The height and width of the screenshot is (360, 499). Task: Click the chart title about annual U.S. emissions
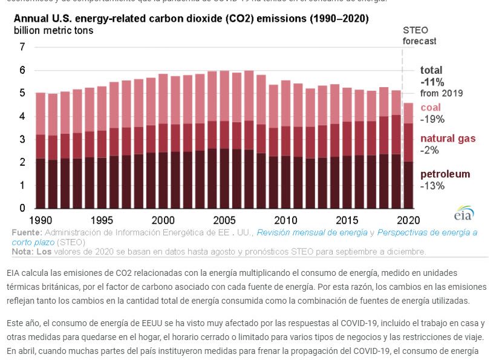click(x=191, y=19)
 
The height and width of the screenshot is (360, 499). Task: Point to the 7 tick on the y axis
click(x=22, y=47)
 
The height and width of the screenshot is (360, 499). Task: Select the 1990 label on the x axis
click(x=41, y=219)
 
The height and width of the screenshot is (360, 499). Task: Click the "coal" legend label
click(x=431, y=107)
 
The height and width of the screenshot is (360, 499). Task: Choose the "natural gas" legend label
click(x=448, y=139)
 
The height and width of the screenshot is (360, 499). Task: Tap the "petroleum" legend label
click(x=445, y=174)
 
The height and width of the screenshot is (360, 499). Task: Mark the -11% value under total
click(x=432, y=82)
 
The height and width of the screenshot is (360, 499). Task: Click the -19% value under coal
click(x=432, y=119)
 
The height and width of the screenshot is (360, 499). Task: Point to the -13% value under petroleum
click(x=432, y=186)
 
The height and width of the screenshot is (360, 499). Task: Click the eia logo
click(x=464, y=215)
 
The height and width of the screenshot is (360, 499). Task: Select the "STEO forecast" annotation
click(x=419, y=36)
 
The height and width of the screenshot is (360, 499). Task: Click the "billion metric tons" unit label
click(x=54, y=30)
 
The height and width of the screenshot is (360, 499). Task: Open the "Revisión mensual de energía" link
click(x=311, y=232)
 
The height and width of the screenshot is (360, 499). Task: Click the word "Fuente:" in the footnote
click(x=27, y=232)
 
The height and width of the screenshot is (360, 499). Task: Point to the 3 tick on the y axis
click(x=22, y=139)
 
